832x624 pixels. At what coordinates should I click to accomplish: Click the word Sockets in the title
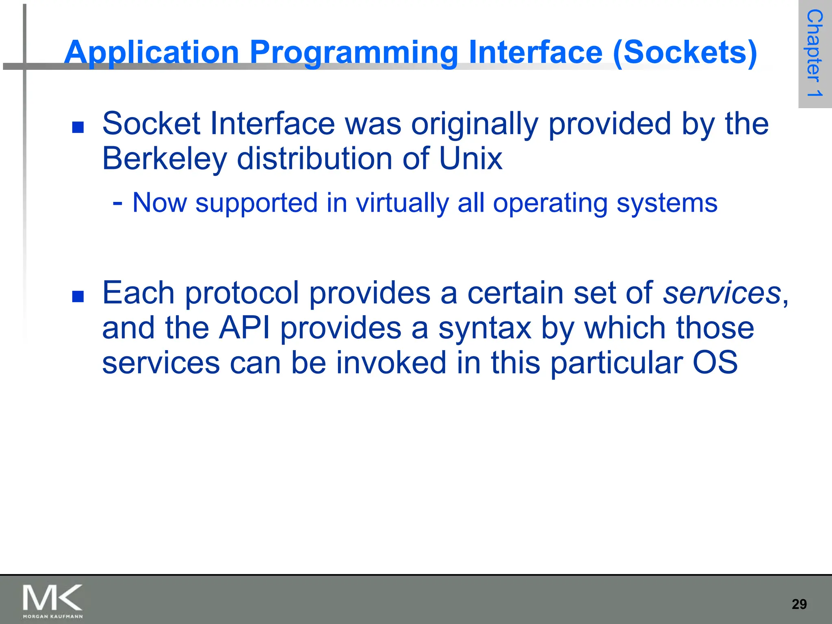685,53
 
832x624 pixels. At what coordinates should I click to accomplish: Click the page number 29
799,604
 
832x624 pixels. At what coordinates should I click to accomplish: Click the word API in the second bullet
244,328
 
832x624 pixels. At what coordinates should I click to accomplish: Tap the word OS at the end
715,363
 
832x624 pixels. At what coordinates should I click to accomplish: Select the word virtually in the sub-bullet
402,203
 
